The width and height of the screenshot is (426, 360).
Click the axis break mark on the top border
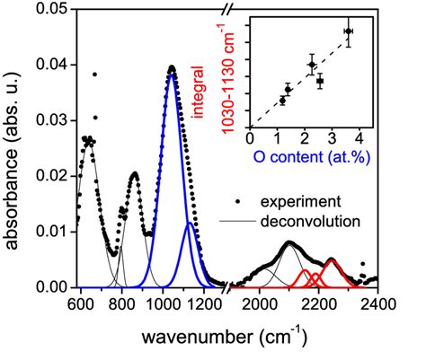234,9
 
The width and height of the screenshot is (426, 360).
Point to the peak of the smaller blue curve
189,224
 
